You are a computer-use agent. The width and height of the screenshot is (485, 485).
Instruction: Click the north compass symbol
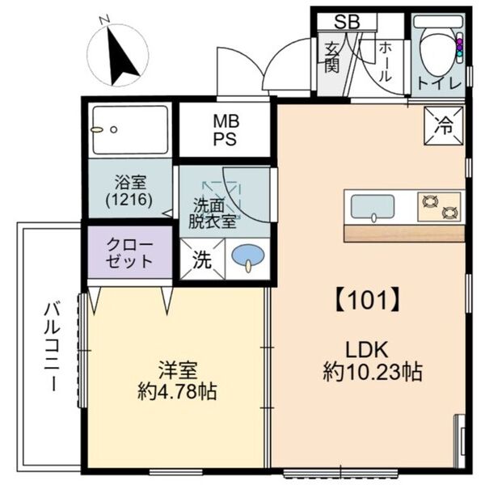pyautogui.click(x=118, y=54)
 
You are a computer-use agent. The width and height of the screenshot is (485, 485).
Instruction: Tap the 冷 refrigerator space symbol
pyautogui.click(x=444, y=124)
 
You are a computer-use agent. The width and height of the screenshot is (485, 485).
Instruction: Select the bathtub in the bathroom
pyautogui.click(x=130, y=129)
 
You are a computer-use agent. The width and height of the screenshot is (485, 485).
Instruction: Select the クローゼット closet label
pyautogui.click(x=129, y=251)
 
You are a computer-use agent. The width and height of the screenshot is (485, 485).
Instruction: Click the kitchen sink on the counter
pyautogui.click(x=370, y=206)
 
